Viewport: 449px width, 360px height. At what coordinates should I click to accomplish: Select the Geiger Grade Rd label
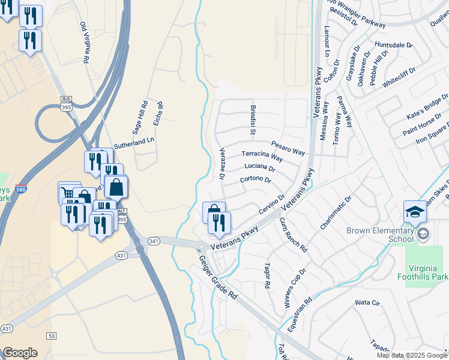click(x=217, y=277)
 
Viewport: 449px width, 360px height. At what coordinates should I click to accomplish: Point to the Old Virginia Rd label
click(x=85, y=43)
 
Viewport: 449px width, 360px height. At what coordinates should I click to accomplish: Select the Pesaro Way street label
click(x=288, y=147)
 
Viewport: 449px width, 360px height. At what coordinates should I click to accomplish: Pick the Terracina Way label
click(x=261, y=155)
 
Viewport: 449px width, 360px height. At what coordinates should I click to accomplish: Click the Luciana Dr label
click(x=260, y=168)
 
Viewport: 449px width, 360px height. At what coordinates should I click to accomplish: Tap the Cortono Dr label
click(x=256, y=179)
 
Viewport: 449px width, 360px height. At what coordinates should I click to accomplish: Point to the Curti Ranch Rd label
click(x=294, y=234)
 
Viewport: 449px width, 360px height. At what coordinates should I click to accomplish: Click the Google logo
click(x=20, y=353)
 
